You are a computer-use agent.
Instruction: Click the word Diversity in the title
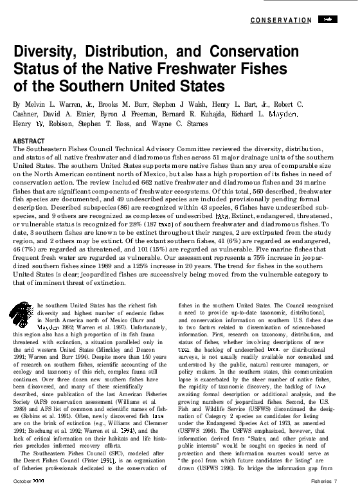coord(49,54)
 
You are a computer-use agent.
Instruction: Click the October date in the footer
coord(29,497)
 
